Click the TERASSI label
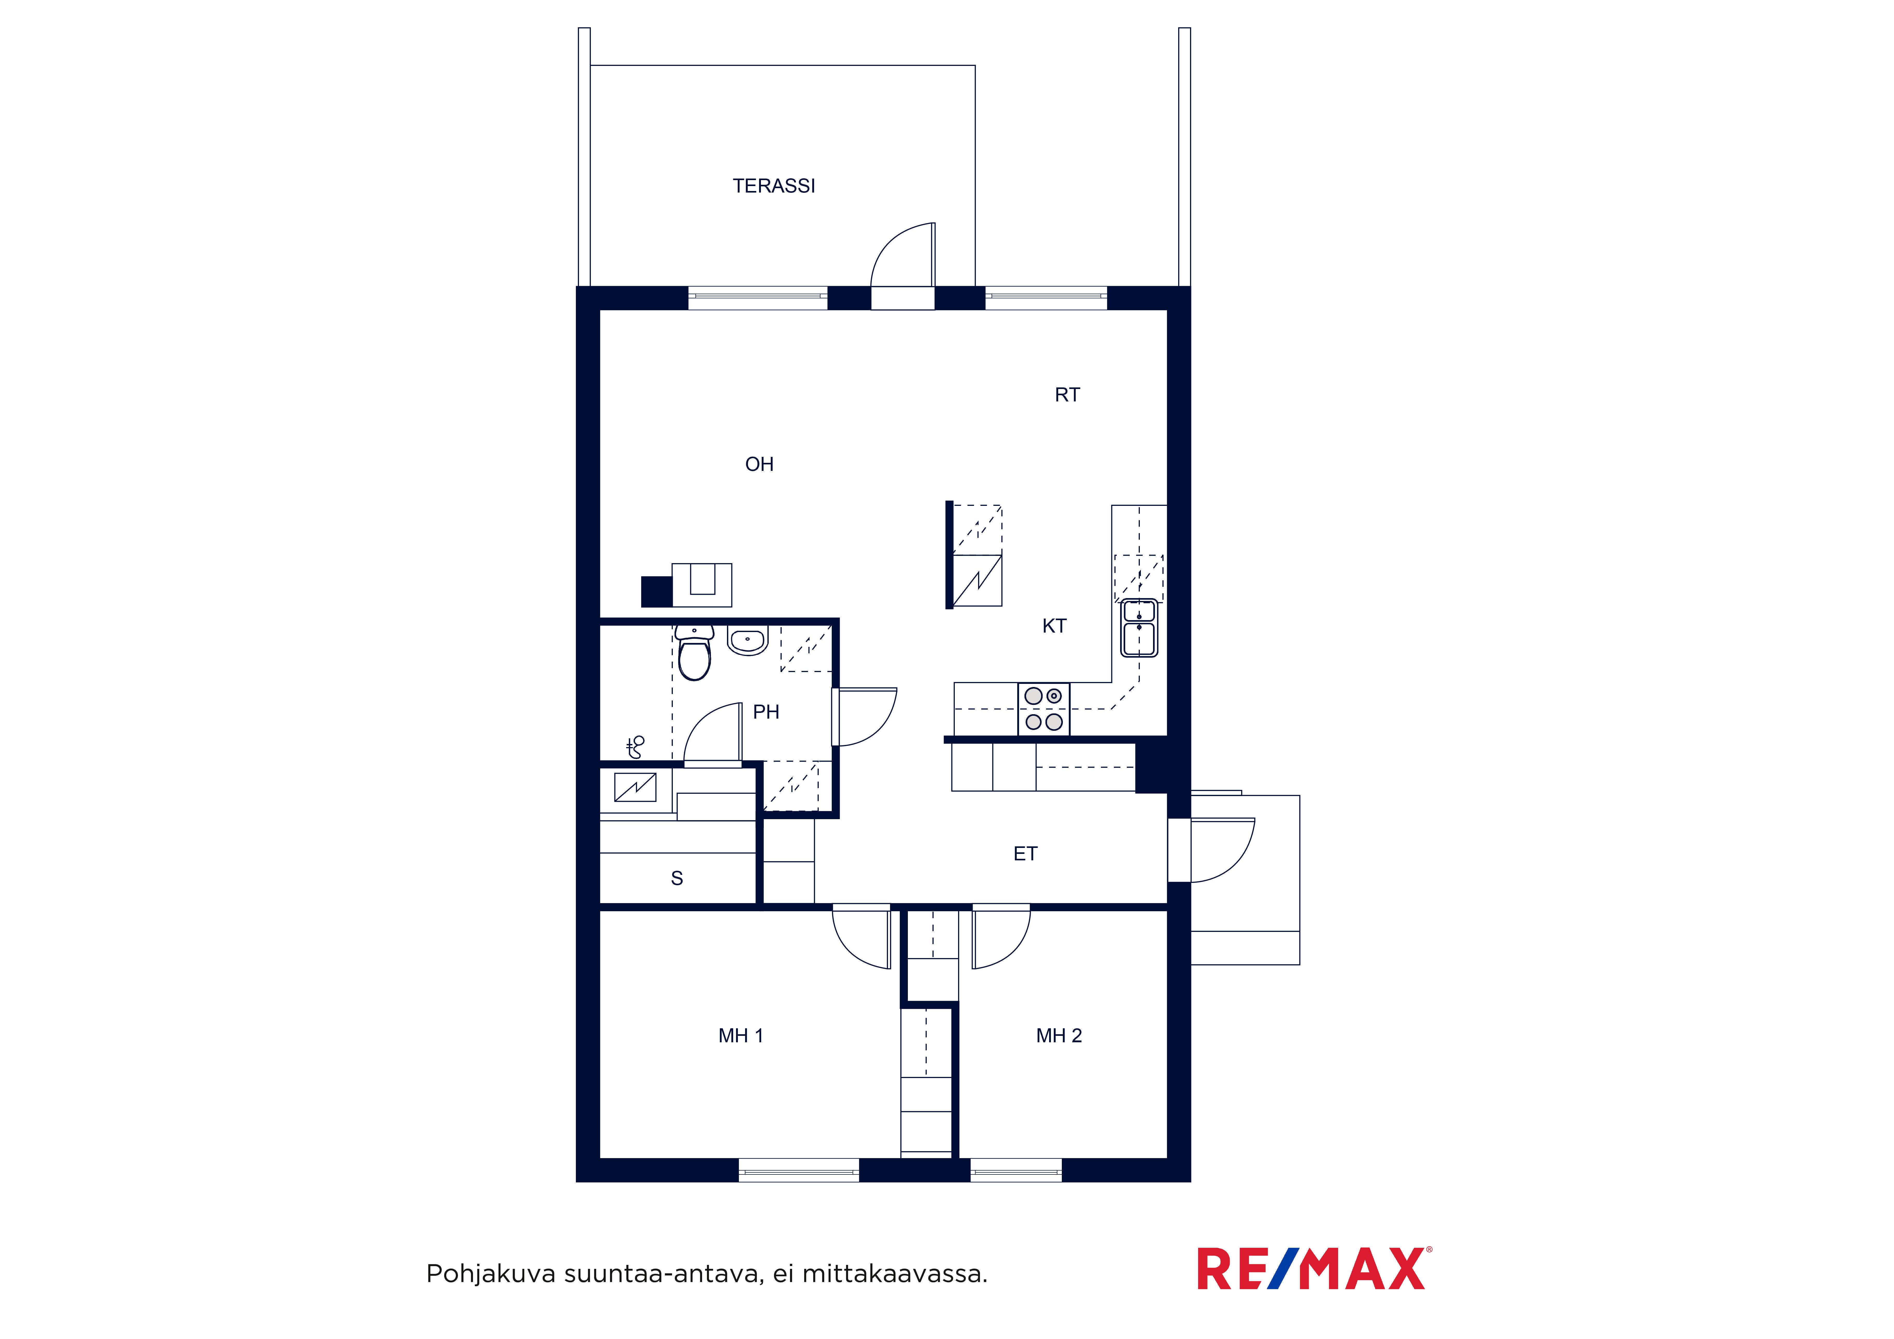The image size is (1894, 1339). pyautogui.click(x=774, y=186)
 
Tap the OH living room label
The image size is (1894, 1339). pyautogui.click(x=759, y=464)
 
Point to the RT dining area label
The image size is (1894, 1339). pyautogui.click(x=1067, y=395)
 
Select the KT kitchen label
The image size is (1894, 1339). pyautogui.click(x=1054, y=626)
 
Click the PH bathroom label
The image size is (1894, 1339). pyautogui.click(x=766, y=712)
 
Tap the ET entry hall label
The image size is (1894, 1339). pyautogui.click(x=1025, y=854)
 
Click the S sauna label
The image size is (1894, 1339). pyautogui.click(x=676, y=879)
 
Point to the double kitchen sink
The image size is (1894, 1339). pyautogui.click(x=1139, y=628)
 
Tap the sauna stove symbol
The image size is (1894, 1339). pyautogui.click(x=635, y=788)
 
